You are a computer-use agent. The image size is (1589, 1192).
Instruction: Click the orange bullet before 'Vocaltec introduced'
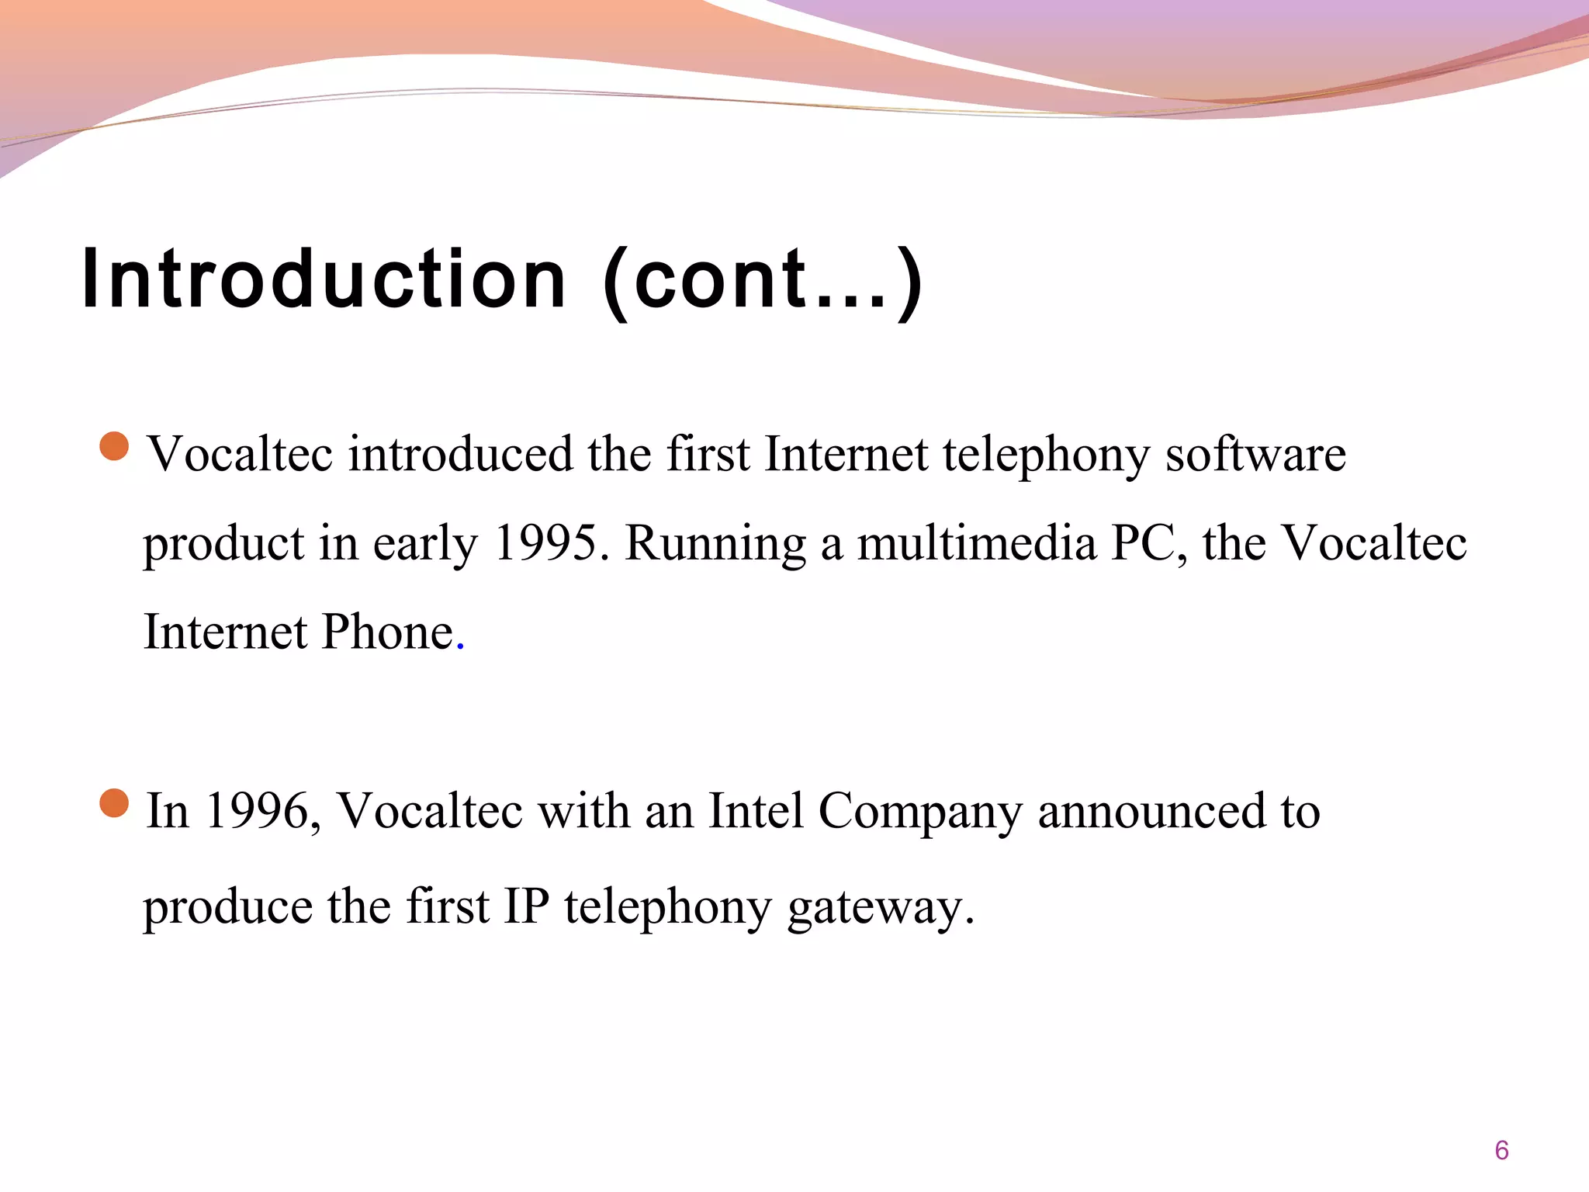click(x=115, y=447)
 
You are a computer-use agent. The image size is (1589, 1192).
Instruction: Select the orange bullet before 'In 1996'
click(x=115, y=803)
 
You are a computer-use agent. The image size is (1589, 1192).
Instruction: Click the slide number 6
click(x=1501, y=1150)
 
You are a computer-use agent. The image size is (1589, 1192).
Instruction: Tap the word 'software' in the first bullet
click(x=1256, y=455)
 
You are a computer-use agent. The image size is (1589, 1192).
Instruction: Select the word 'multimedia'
click(x=977, y=542)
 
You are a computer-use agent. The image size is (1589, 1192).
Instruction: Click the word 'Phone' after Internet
click(x=387, y=632)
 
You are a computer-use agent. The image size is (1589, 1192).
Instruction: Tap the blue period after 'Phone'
click(x=461, y=646)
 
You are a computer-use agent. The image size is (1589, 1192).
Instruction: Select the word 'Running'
click(x=715, y=544)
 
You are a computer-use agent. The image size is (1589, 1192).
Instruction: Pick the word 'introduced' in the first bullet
click(x=461, y=455)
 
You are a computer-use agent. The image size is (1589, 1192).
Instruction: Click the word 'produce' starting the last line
click(x=227, y=907)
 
